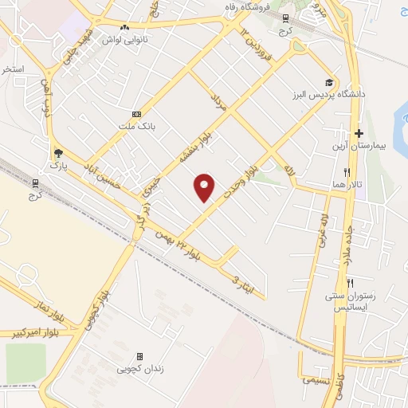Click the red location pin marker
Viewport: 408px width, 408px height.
(x=205, y=187)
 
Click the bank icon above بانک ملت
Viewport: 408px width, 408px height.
(x=136, y=114)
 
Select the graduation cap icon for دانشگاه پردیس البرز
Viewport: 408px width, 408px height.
(x=329, y=82)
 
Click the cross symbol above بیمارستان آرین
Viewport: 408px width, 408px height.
(x=359, y=133)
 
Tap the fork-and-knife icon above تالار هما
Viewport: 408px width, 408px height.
(x=347, y=172)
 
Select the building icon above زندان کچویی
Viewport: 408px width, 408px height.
(x=140, y=356)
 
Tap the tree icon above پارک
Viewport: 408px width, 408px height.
(x=57, y=153)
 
